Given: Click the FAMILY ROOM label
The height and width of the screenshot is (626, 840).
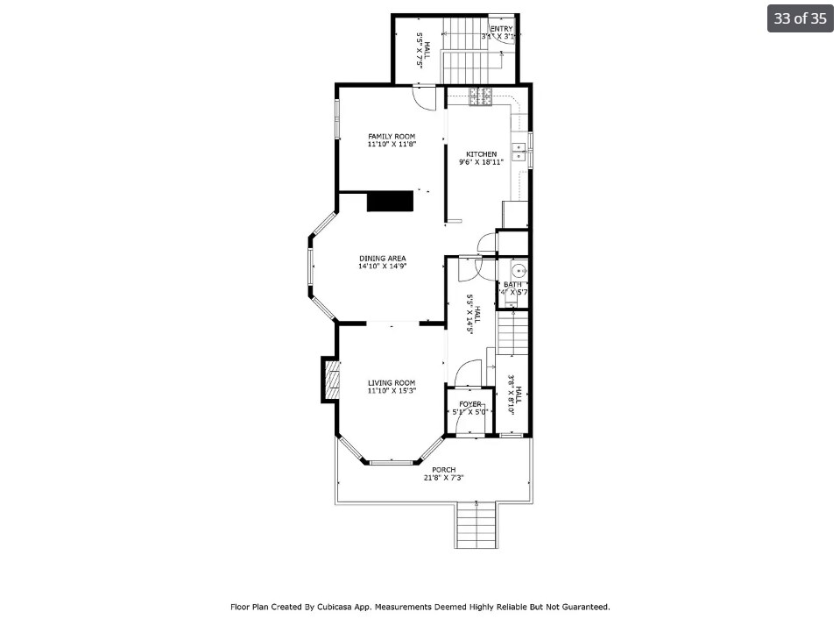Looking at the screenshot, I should pos(392,136).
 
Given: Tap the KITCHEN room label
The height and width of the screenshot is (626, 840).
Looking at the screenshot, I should pos(481,154).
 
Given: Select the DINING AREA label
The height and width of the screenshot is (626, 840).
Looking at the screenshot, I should pos(382,259).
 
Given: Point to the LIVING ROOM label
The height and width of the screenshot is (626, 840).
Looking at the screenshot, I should pos(392,382).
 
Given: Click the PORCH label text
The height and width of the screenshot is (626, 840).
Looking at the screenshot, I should pos(443,470).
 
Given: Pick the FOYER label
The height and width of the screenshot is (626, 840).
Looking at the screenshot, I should pos(470,404).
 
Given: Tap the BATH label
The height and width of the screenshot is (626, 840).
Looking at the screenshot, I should pos(512,284).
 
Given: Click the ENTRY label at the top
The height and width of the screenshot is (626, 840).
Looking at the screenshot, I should pos(501,29).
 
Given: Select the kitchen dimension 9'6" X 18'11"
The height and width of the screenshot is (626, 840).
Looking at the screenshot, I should pos(481,162).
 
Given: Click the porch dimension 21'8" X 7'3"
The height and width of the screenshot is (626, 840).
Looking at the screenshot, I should pos(443,478).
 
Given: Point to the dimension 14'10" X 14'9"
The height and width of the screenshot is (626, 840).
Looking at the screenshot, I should pos(382,267).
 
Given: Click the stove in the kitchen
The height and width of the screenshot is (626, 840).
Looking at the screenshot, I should pos(481,97).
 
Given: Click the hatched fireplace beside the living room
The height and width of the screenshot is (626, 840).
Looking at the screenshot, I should pos(330,380).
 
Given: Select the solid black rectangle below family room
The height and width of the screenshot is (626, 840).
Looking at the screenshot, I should pos(390,201).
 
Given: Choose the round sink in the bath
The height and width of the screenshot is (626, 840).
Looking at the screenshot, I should pos(518,271).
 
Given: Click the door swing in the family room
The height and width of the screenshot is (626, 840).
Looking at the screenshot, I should pos(424,98).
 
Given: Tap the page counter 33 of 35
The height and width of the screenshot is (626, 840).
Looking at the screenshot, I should pos(800,18).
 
